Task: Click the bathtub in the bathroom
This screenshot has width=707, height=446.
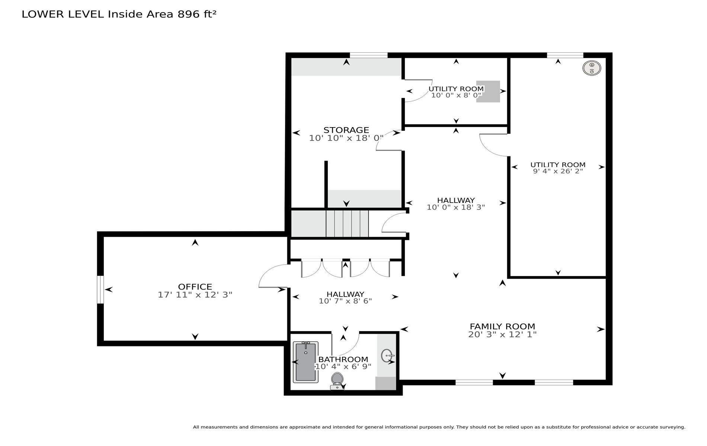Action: pos(305,362)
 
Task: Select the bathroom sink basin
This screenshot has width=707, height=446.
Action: pos(388,356)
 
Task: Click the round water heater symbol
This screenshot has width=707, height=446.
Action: pos(592,68)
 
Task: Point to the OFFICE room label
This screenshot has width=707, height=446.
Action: pos(195,287)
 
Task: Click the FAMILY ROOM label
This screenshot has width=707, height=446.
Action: pos(502,326)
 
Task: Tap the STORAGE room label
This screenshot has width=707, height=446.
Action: pos(346,130)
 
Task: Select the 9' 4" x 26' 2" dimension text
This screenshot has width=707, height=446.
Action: pos(558,171)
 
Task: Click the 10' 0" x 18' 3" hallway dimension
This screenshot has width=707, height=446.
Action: pos(456,207)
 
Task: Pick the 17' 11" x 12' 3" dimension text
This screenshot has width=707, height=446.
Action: pos(195,295)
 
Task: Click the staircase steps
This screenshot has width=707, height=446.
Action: pos(347,223)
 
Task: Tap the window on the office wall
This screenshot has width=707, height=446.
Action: pos(100,290)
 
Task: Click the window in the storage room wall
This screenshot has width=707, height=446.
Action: pos(369,55)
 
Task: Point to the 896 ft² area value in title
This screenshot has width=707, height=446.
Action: pos(197,14)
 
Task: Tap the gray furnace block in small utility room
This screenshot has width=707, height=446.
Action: pos(488,91)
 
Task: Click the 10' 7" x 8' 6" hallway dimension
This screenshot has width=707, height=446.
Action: pos(345,301)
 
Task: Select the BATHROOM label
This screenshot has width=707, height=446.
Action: pos(343,359)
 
